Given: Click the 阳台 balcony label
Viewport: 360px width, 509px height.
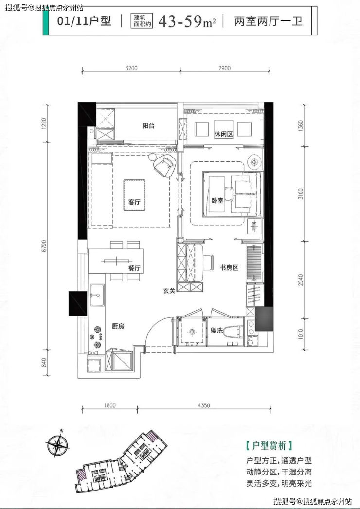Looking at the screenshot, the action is coord(148,126).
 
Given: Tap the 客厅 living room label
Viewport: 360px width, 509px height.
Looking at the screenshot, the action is coord(134,202).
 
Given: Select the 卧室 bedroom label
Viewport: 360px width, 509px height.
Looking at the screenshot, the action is coord(217,201).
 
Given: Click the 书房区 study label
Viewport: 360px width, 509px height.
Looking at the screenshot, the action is coord(230,268).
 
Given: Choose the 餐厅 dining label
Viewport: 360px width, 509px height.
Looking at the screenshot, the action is coord(134,268).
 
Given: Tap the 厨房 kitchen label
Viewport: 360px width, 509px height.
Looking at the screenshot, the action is coord(118,326).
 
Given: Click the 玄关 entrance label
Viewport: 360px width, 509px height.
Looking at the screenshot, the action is coord(169,291).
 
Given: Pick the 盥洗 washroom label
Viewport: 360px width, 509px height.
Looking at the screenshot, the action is coord(216,331).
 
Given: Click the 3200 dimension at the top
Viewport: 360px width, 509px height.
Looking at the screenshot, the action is coord(131,68).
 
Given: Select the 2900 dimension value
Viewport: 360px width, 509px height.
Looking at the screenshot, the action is coord(224,68).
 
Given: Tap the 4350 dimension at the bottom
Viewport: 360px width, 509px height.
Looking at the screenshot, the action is coord(204,405).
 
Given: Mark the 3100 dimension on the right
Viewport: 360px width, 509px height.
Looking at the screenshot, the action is coord(301,194).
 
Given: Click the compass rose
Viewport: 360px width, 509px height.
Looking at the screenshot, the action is coord(57,444).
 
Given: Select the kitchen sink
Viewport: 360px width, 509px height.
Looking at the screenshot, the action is coord(97,295).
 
